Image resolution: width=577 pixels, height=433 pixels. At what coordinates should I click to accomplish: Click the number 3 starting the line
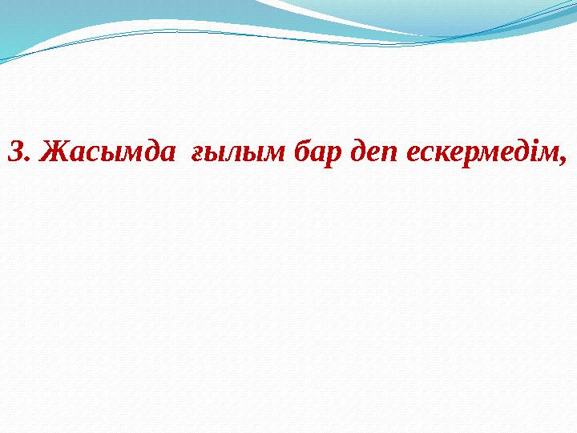tap(14, 150)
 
